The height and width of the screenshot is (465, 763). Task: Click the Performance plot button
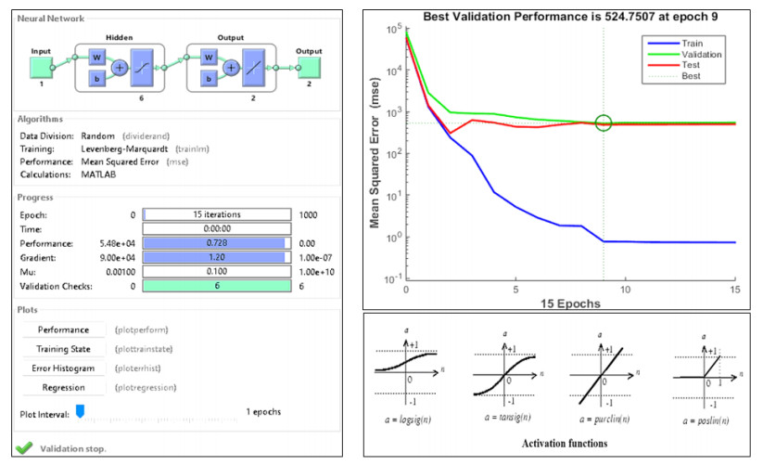point(63,329)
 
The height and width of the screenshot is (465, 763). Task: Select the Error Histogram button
point(63,368)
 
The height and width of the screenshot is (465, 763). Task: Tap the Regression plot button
point(63,387)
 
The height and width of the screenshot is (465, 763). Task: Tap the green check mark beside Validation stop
point(24,448)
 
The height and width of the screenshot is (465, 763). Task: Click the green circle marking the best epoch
point(604,123)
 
